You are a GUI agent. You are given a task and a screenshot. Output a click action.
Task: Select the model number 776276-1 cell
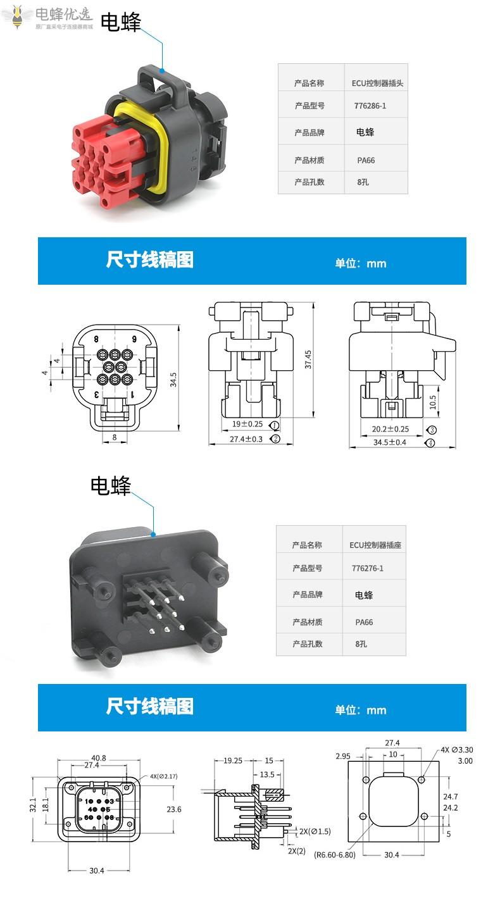point(368,568)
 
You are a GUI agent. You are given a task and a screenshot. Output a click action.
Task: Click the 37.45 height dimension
point(308,360)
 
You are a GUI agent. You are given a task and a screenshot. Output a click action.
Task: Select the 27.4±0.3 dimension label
point(246,438)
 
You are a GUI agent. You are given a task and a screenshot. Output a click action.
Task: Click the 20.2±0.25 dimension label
point(390,429)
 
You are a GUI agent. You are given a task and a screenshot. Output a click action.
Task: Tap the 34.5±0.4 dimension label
point(390,442)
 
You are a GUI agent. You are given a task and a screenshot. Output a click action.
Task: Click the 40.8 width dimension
point(99,757)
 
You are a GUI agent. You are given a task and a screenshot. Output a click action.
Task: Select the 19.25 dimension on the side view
point(234,761)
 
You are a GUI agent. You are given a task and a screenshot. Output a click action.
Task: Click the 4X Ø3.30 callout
point(457,750)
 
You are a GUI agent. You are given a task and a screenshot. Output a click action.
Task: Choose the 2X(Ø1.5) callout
point(315,831)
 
